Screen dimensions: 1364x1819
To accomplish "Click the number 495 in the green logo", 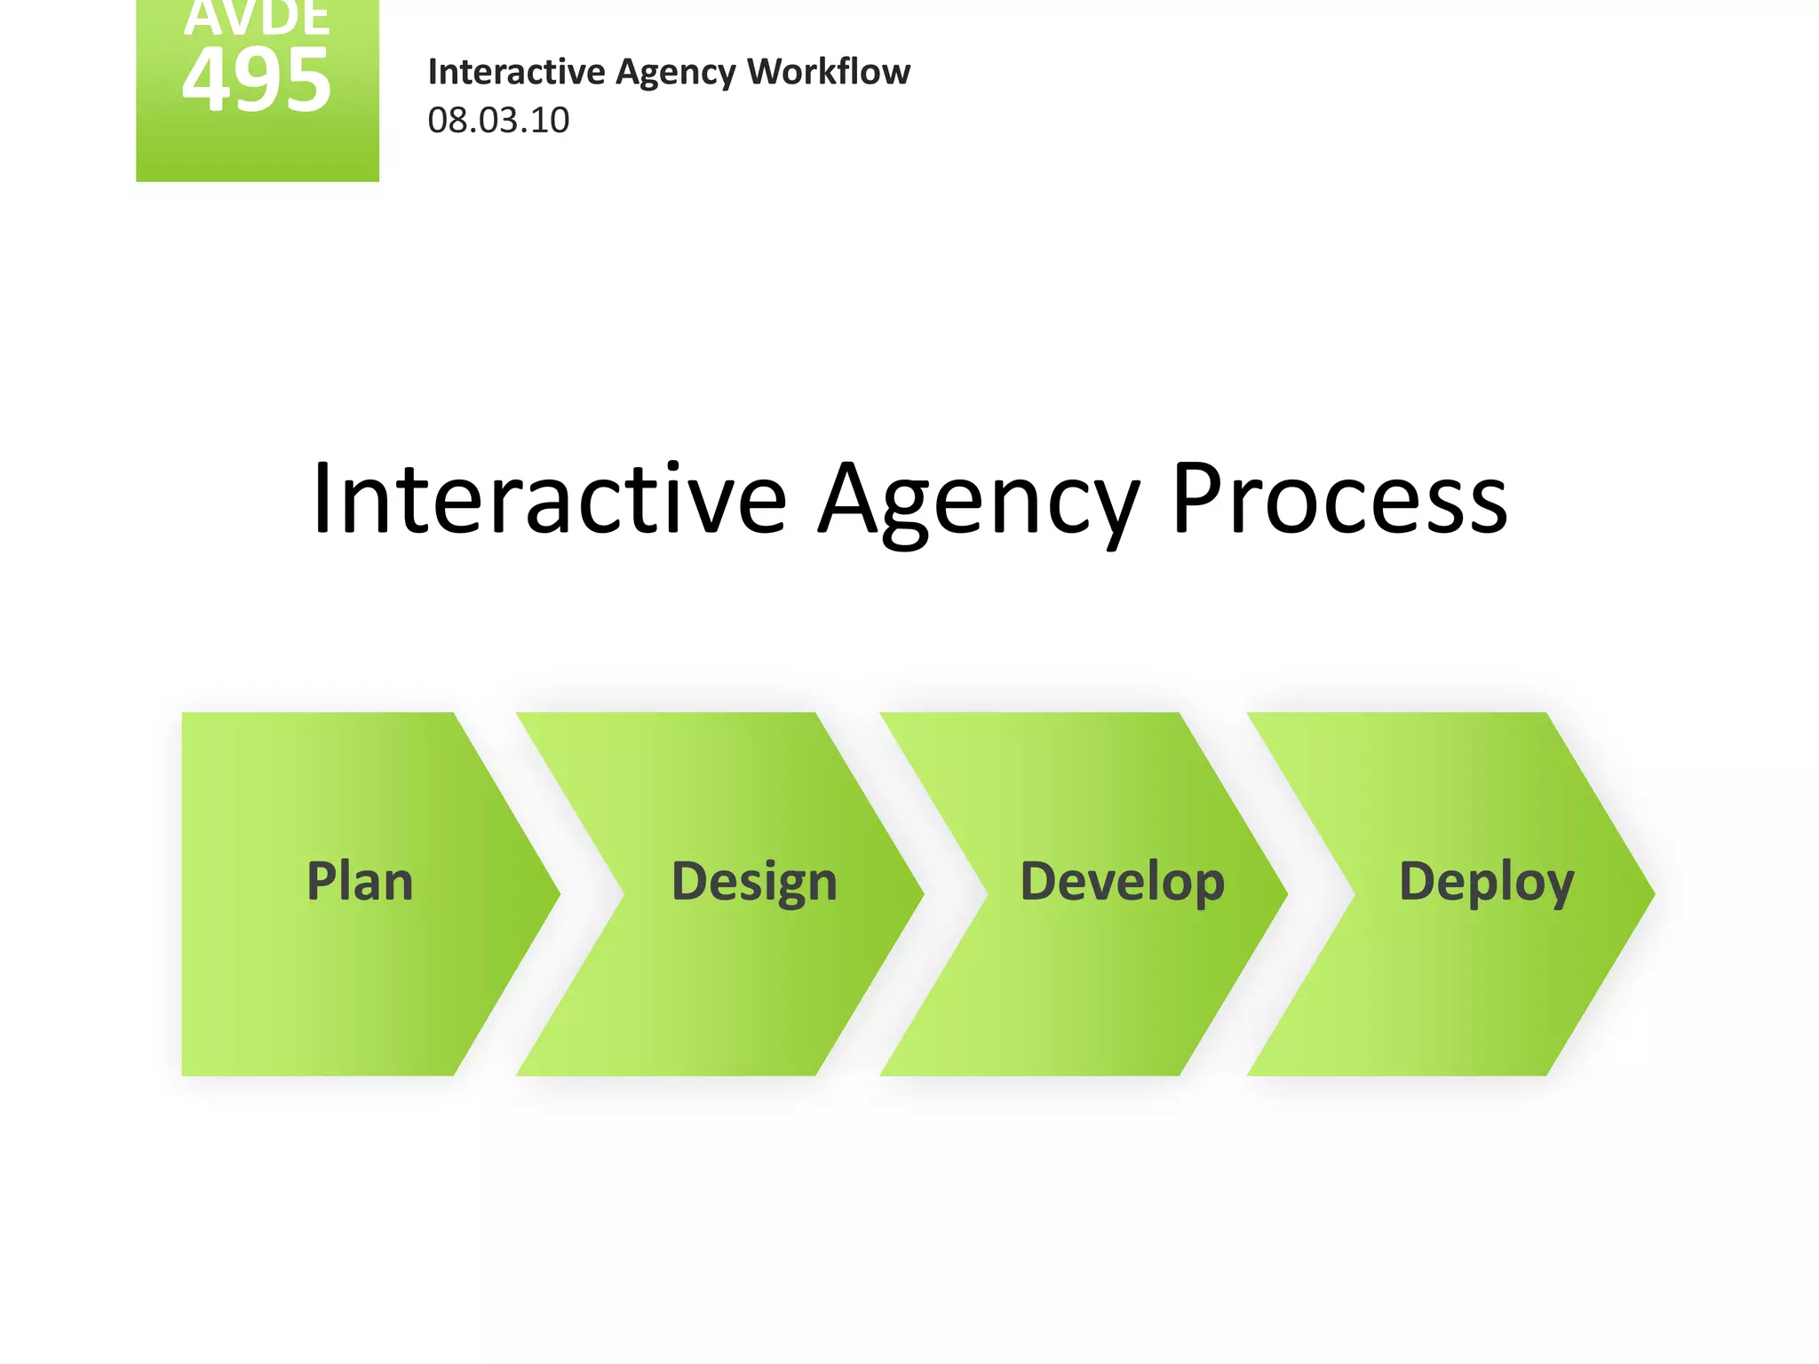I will (257, 81).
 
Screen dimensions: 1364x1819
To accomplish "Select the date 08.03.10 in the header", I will (498, 121).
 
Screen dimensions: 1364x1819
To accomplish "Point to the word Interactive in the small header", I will (516, 72).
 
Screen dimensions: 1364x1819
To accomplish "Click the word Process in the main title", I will (1339, 499).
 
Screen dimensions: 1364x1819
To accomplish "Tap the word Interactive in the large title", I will (549, 499).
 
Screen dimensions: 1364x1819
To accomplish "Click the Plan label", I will (360, 882).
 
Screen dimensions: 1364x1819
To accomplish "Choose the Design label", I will (754, 883).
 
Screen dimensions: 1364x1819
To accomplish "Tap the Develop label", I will (1122, 883).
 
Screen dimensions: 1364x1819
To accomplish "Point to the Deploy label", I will (1486, 883).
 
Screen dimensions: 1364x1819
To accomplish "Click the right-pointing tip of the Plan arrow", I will (558, 894).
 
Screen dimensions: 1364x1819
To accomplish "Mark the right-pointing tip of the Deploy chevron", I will (1652, 894).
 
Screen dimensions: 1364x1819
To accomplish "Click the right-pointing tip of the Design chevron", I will (922, 894).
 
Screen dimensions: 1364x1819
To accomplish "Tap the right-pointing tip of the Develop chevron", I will (1285, 894).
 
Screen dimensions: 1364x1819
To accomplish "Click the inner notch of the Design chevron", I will (624, 894).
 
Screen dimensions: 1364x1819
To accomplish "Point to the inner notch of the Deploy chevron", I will (1354, 894).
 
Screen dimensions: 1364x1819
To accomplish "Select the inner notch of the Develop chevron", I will (987, 894).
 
